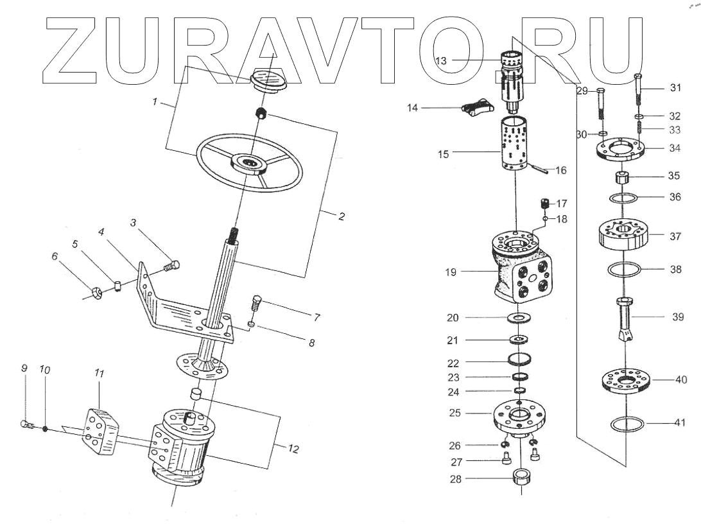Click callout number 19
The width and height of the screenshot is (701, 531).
pyautogui.click(x=451, y=272)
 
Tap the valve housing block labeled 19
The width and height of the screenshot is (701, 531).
pyautogui.click(x=521, y=267)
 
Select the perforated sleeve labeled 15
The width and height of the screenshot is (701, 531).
pyautogui.click(x=515, y=143)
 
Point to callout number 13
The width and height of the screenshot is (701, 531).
pyautogui.click(x=441, y=60)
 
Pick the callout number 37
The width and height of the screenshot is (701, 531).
pyautogui.click(x=675, y=236)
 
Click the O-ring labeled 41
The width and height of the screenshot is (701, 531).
pyautogui.click(x=627, y=424)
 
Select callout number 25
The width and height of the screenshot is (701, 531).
pyautogui.click(x=454, y=412)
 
